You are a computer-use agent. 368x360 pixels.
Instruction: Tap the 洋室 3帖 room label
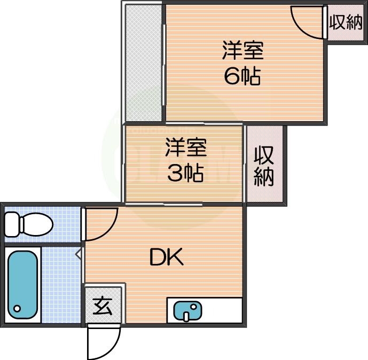coord(184,160)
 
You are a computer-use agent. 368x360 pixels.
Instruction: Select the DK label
coord(167,259)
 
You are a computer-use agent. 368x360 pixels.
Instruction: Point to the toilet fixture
coord(29,224)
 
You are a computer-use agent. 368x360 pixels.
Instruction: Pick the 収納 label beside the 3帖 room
coord(264,166)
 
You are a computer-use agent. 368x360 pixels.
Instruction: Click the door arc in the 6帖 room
coord(307,21)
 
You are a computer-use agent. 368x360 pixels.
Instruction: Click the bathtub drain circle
coord(17,309)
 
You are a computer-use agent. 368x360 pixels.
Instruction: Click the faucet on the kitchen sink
coord(186,316)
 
